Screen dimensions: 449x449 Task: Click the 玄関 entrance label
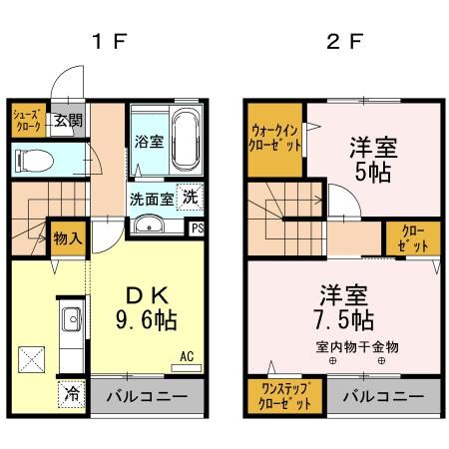pos(68,121)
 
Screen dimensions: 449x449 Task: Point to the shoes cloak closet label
pos(27,121)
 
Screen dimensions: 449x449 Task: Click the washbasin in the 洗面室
pos(153,224)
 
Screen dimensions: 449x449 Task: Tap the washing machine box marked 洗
pos(189,198)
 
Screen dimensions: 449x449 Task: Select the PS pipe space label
pos(198,227)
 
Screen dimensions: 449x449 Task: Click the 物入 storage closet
pos(68,238)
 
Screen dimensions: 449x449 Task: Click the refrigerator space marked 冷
pos(72,392)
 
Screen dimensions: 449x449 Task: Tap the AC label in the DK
pos(187,355)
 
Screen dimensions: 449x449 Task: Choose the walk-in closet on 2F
pos(276,137)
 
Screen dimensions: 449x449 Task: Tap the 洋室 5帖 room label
pos(372,159)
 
